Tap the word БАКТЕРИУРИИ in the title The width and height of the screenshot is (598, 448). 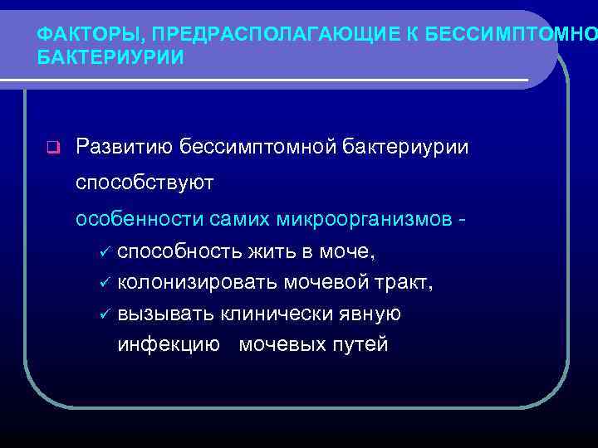click(111, 59)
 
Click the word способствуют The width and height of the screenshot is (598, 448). click(145, 183)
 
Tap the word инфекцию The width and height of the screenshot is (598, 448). click(169, 345)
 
